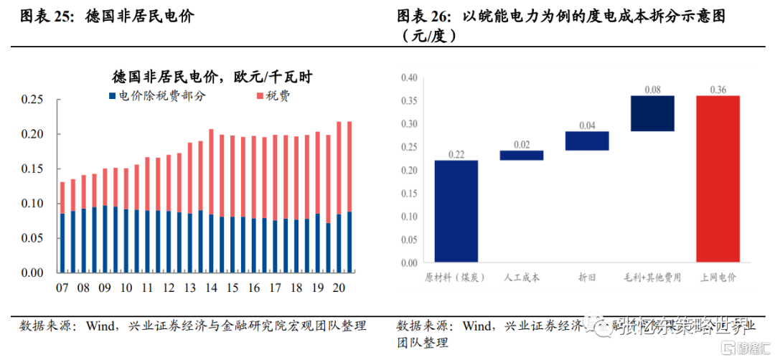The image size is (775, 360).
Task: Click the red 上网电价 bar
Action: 717,179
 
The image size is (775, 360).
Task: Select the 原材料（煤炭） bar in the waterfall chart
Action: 456,212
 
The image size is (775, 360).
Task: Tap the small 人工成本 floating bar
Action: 521,155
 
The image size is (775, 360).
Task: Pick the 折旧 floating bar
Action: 586,141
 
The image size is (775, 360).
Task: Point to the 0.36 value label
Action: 717,90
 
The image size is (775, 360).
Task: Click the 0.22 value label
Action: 456,154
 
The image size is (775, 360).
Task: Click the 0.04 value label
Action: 586,125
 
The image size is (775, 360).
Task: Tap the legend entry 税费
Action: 272,95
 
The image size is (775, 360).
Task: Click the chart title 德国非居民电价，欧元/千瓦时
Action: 216,77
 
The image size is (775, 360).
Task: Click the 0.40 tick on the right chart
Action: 408,77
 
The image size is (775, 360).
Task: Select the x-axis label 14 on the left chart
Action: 211,288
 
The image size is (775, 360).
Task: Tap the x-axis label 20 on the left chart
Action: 339,288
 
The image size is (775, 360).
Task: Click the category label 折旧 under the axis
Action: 586,277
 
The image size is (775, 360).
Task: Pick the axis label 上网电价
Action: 717,277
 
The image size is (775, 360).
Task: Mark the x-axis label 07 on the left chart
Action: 62,288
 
